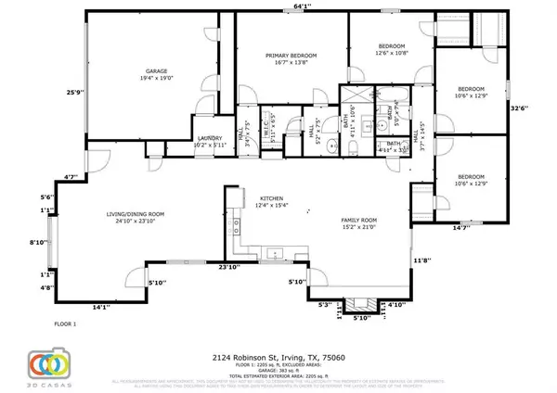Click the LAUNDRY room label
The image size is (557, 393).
(211, 141)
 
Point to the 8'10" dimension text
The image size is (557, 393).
(39, 241)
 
